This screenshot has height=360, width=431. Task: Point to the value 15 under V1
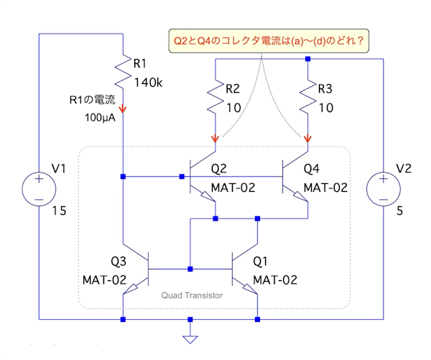pos(60,212)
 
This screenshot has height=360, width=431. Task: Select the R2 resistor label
pos(233,90)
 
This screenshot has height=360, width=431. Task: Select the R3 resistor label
pos(325,90)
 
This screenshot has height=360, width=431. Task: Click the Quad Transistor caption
pos(192,295)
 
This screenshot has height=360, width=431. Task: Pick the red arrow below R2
pos(215,138)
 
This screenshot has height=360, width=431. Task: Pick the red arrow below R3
pos(308,138)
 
